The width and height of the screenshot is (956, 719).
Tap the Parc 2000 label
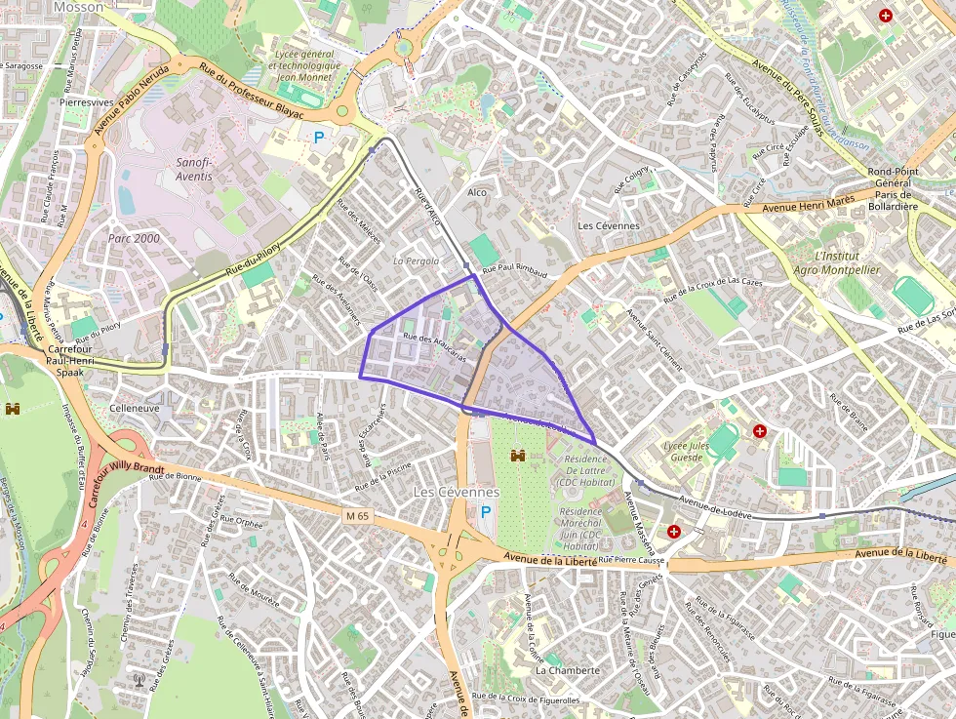pyautogui.click(x=134, y=238)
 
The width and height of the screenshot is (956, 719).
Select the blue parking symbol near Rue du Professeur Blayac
pyautogui.click(x=318, y=139)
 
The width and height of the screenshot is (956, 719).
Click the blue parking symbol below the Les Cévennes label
pyautogui.click(x=486, y=512)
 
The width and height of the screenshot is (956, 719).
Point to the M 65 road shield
pyautogui.click(x=358, y=515)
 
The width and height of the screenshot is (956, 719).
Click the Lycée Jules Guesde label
pyautogui.click(x=683, y=452)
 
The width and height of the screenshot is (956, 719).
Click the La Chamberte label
pyautogui.click(x=568, y=671)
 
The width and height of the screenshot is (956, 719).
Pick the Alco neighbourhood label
pyautogui.click(x=477, y=192)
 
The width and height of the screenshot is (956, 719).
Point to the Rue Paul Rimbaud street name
pyautogui.click(x=514, y=270)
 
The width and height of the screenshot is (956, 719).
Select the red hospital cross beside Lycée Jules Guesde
pyautogui.click(x=760, y=430)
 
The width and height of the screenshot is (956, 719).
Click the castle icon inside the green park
pyautogui.click(x=519, y=456)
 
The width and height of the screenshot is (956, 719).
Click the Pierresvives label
pyautogui.click(x=86, y=101)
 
